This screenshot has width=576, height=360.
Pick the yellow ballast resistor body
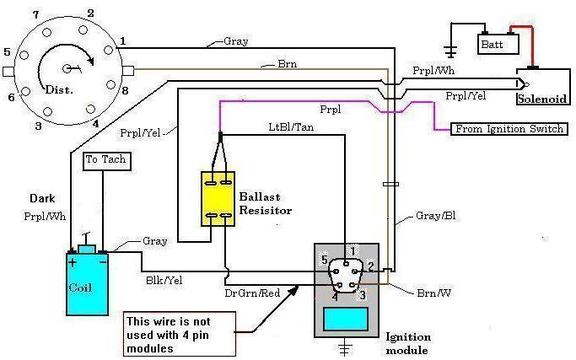click(218, 199)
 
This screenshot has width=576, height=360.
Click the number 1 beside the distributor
click(123, 40)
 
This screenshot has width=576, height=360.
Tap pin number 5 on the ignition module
click(324, 261)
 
